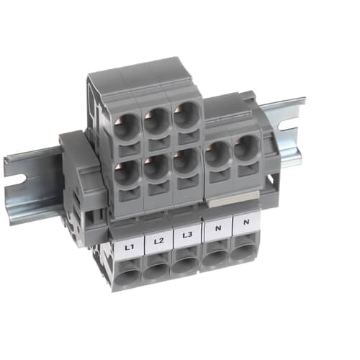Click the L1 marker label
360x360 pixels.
pos(130,247)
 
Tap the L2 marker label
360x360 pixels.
pos(158,241)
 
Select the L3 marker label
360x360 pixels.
pos(187,235)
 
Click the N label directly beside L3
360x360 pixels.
pos(218,228)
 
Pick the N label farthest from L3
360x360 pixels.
pos(246,222)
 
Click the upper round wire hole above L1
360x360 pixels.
pos(127,127)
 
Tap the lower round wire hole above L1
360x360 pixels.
pos(127,172)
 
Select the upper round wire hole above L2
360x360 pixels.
pos(157,121)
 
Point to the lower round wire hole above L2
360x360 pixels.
pos(157,167)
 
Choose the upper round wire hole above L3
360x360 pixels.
pos(186,114)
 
